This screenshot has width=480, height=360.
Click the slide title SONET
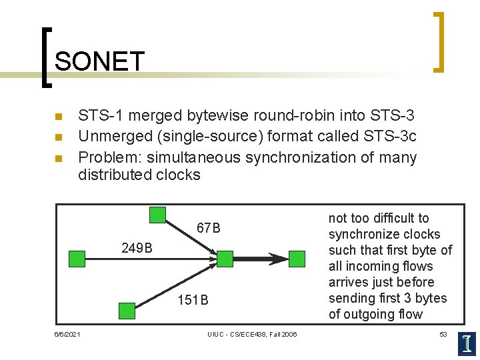pyautogui.click(x=99, y=61)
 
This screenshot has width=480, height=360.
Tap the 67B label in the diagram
pyautogui.click(x=208, y=229)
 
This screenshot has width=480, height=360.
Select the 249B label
pyautogui.click(x=137, y=249)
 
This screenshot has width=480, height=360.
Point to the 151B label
pyautogui.click(x=193, y=300)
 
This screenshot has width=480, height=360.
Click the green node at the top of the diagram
pyautogui.click(x=157, y=215)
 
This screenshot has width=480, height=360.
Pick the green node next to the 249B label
pyautogui.click(x=77, y=259)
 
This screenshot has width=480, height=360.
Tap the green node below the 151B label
pyautogui.click(x=126, y=310)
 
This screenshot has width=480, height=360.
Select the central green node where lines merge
pyautogui.click(x=225, y=259)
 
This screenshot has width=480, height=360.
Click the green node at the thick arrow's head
pyautogui.click(x=296, y=259)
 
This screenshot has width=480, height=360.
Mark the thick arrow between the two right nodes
pyautogui.click(x=260, y=259)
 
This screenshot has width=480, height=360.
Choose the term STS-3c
pyautogui.click(x=391, y=137)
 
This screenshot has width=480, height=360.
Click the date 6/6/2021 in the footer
pyautogui.click(x=67, y=334)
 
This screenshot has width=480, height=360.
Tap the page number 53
pyautogui.click(x=443, y=334)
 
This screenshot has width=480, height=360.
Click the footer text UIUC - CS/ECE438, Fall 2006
pyautogui.click(x=252, y=334)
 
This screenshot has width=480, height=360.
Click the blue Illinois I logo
pyautogui.click(x=467, y=343)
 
